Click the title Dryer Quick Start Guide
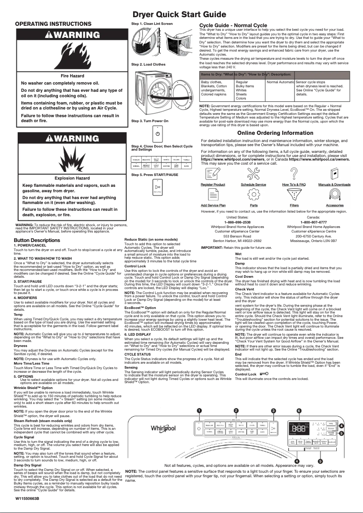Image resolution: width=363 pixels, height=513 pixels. (181, 14)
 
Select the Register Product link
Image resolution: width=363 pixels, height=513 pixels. (213, 185)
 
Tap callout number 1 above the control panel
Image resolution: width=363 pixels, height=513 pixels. (199, 411)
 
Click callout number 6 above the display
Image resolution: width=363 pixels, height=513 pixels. (299, 411)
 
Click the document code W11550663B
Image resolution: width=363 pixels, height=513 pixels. (27, 498)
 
